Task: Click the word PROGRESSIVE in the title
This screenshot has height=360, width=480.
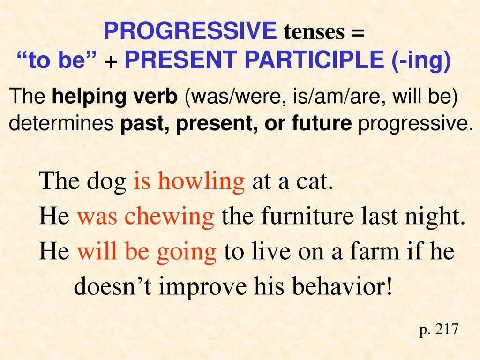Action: pyautogui.click(x=190, y=30)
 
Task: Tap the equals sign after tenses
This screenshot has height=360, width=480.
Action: pyautogui.click(x=357, y=31)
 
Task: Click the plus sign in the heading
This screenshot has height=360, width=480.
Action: pyautogui.click(x=111, y=61)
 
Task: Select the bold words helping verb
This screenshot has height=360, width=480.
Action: pyautogui.click(x=115, y=97)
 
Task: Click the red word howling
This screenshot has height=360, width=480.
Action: pyautogui.click(x=201, y=181)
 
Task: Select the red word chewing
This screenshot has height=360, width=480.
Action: pyautogui.click(x=169, y=216)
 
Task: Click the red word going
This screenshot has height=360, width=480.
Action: pyautogui.click(x=186, y=252)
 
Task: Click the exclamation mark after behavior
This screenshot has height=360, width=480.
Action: pyautogui.click(x=389, y=285)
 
